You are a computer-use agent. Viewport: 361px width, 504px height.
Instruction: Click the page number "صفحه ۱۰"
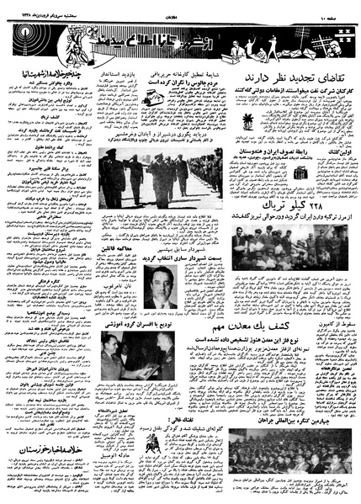tap(340, 8)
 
